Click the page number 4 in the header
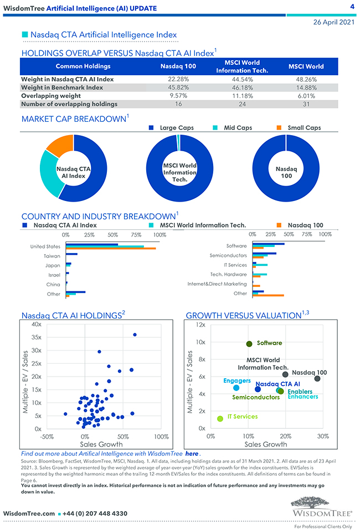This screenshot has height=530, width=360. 352,7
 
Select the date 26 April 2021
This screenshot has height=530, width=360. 333,22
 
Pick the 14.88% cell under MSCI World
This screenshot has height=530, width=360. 306,88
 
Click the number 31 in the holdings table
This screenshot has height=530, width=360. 306,104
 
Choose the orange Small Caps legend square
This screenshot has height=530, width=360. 280,128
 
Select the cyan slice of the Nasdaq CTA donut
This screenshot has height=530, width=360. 49,180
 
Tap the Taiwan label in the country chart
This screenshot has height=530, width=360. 52,256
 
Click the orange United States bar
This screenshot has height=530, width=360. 111,249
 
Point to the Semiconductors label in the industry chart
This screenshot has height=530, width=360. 228,255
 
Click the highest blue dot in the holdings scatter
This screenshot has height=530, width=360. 135,335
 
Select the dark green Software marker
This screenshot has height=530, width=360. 249,344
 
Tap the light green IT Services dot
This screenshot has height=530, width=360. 220,419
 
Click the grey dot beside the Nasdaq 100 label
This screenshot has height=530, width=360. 317,378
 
